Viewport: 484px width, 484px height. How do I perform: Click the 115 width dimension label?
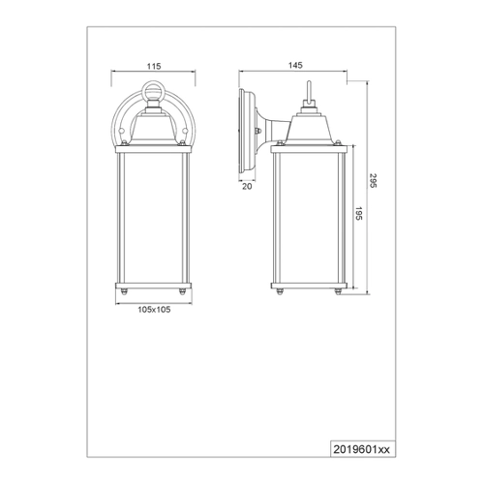[x=154, y=67]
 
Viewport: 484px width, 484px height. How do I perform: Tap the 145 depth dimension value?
[x=295, y=66]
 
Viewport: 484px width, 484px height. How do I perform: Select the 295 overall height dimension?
[x=373, y=181]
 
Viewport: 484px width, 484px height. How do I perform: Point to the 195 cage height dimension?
[x=359, y=214]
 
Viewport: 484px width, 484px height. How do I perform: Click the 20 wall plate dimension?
[x=247, y=187]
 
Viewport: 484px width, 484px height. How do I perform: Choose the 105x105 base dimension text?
[x=154, y=310]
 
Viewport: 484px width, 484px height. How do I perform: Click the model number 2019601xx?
[x=361, y=449]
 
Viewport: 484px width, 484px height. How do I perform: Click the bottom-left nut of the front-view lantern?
[x=124, y=291]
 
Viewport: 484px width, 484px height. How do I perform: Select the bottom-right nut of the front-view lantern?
[x=182, y=291]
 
